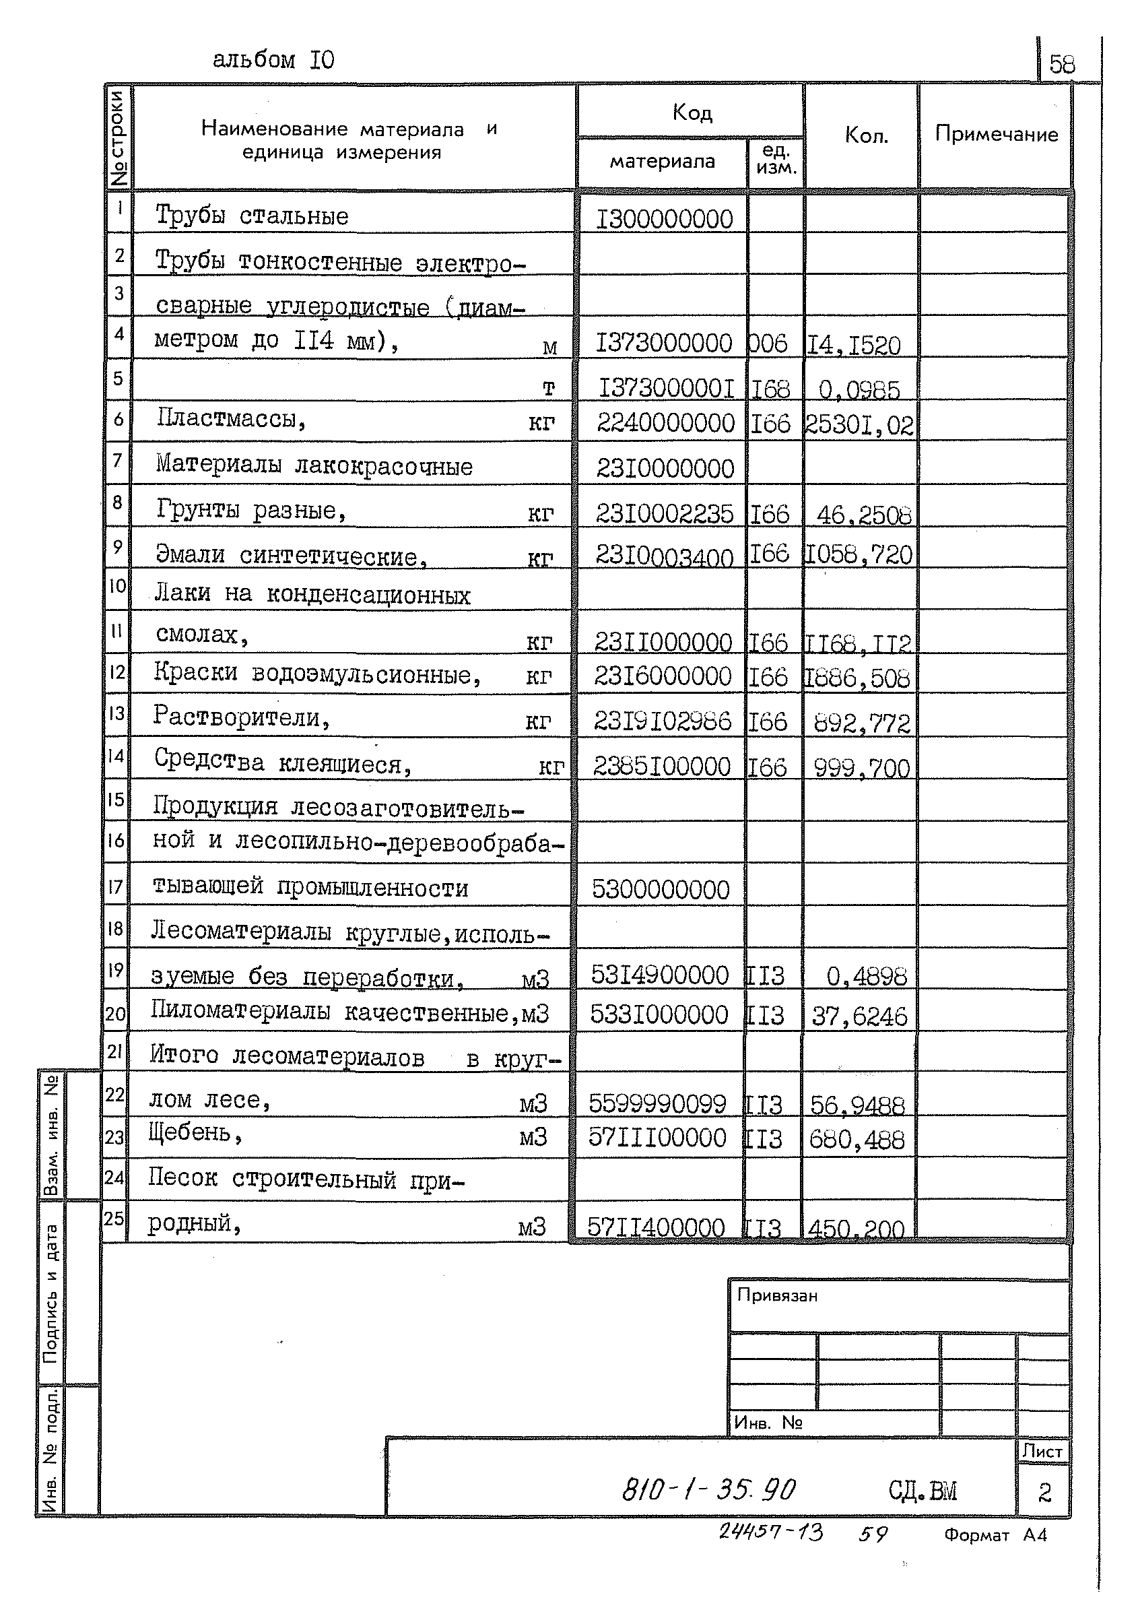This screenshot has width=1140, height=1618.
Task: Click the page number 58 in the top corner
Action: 1061,64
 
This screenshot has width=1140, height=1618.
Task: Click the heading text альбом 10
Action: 273,61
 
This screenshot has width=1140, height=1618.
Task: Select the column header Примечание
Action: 995,134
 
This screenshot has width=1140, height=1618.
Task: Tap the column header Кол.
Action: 866,135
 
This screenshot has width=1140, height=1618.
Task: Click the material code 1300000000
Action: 664,219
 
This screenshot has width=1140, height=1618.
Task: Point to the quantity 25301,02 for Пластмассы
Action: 860,425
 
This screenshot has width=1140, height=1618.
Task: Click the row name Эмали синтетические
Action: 291,555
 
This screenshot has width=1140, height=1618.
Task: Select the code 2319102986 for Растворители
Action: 663,720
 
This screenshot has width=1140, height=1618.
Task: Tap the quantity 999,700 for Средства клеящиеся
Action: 861,767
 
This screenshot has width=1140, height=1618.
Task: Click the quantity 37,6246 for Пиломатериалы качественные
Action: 860,1016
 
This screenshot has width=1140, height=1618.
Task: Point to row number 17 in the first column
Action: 116,886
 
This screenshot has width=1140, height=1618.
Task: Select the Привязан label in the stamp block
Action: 776,1295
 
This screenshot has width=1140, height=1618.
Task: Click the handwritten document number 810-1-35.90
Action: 708,1489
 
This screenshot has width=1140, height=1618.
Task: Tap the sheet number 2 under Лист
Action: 1044,1492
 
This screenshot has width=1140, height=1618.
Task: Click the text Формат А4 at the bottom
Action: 995,1535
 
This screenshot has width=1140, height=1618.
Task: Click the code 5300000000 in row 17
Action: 660,889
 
